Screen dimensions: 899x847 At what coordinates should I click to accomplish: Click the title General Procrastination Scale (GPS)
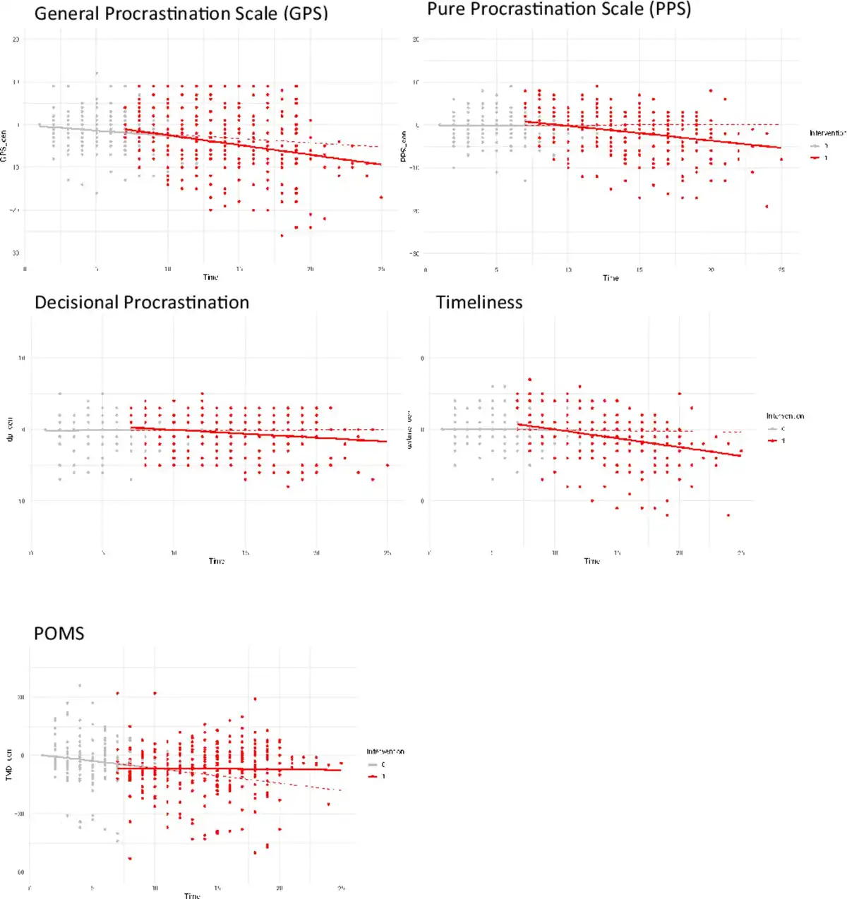pos(181,13)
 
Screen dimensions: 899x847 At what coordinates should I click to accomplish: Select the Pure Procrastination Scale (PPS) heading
pos(558,9)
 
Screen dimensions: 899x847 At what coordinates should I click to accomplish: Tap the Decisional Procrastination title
pos(142,303)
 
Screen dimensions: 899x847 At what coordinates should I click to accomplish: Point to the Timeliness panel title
pos(479,303)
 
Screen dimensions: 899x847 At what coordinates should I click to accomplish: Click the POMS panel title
pos(59,634)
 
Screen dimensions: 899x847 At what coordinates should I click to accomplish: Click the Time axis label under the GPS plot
pos(210,277)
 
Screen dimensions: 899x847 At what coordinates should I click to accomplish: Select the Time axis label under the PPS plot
pos(611,278)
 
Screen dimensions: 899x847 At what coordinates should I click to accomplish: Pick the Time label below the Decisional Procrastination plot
pos(216,561)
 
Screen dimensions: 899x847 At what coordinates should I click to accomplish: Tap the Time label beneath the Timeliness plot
pos(591,561)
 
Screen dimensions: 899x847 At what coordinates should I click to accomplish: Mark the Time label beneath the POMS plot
pos(192,895)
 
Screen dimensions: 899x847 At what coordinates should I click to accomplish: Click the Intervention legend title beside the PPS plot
pos(827,133)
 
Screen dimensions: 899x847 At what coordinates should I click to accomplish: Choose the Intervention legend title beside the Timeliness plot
pos(785,416)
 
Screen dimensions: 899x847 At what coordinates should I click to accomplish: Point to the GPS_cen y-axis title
pos(4,147)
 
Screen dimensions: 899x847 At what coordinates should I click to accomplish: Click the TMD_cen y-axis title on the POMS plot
pos(9,764)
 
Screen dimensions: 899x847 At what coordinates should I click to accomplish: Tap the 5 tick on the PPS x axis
pos(496,270)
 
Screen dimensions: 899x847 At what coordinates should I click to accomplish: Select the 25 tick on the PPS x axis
pos(781,270)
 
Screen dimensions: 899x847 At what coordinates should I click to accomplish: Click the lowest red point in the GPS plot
pos(282,236)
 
